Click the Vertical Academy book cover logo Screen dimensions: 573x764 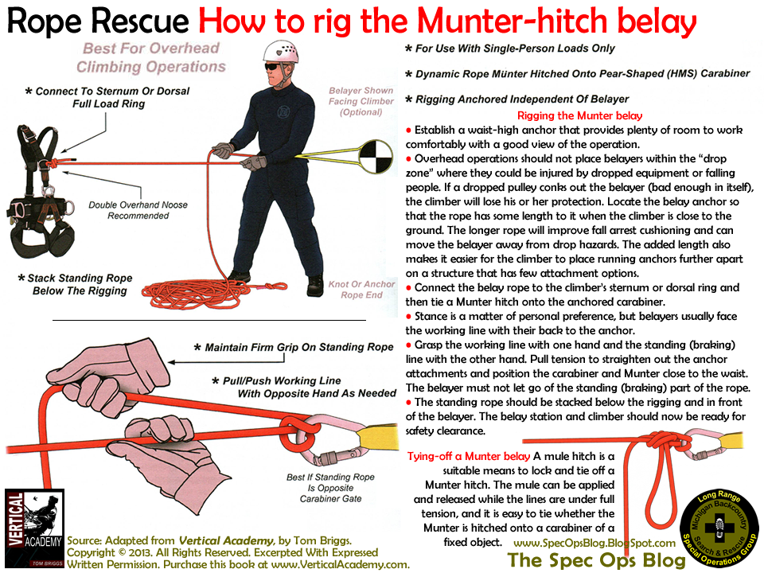point(34,529)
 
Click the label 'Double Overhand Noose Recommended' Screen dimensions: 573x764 point(138,210)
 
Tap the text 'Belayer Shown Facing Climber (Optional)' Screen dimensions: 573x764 point(361,102)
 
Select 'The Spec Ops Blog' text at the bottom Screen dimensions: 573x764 point(592,560)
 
